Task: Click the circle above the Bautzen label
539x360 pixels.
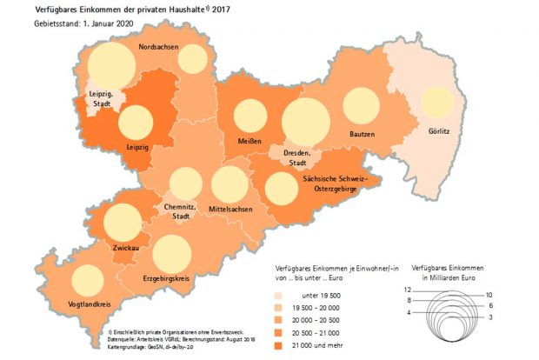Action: pos(363,107)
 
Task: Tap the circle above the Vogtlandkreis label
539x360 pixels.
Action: pos(86,281)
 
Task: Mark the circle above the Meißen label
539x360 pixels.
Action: pos(250,117)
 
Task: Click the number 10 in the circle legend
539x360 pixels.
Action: pos(489,295)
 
